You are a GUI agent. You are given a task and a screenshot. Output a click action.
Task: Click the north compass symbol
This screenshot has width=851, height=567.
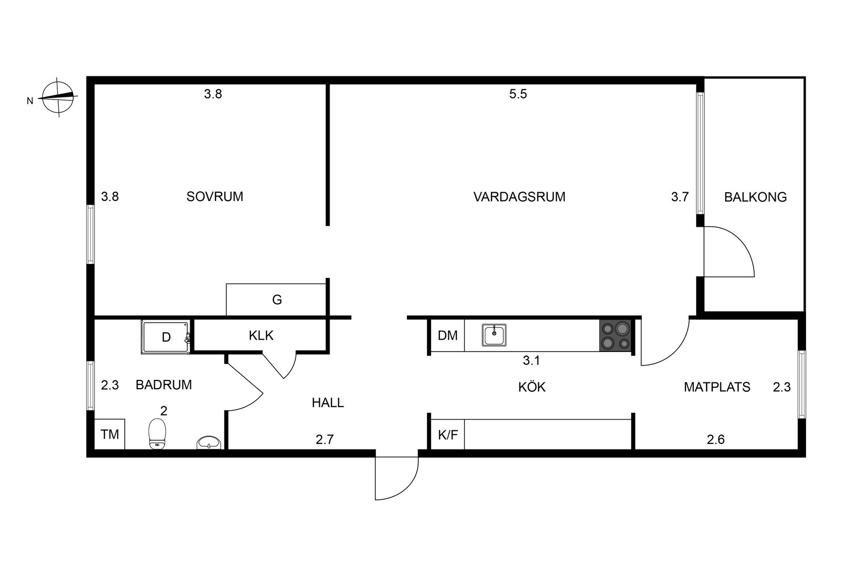pyautogui.click(x=58, y=97)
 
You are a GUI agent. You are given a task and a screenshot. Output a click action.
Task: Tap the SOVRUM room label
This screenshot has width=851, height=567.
pyautogui.click(x=215, y=196)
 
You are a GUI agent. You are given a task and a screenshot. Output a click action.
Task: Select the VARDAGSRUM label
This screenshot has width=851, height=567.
pyautogui.click(x=519, y=197)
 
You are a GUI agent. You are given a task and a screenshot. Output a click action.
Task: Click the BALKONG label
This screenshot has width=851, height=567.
pyautogui.click(x=755, y=197)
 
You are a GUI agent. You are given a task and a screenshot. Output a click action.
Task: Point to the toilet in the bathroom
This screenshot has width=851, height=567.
pyautogui.click(x=157, y=432)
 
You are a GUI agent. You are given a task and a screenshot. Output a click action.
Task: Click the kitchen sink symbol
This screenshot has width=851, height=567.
pyautogui.click(x=494, y=335)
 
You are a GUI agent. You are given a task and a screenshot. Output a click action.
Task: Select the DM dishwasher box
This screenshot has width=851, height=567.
pyautogui.click(x=448, y=336)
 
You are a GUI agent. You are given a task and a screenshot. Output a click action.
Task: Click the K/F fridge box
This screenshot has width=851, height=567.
pyautogui.click(x=448, y=435)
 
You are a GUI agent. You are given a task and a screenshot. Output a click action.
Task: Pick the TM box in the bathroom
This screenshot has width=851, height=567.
pyautogui.click(x=110, y=434)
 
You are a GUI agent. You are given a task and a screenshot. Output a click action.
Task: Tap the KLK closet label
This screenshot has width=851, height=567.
pyautogui.click(x=261, y=336)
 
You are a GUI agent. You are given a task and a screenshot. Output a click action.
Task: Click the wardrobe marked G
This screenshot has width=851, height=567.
pyautogui.click(x=276, y=299)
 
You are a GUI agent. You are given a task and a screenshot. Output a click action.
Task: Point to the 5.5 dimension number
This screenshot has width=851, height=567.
pyautogui.click(x=518, y=94)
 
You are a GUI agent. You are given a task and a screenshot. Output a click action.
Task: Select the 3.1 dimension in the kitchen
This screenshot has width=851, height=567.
pyautogui.click(x=531, y=361)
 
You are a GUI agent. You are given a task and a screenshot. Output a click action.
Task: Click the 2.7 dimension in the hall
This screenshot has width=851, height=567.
pyautogui.click(x=325, y=440)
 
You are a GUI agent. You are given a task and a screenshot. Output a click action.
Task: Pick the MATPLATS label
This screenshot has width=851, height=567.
pyautogui.click(x=717, y=387)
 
